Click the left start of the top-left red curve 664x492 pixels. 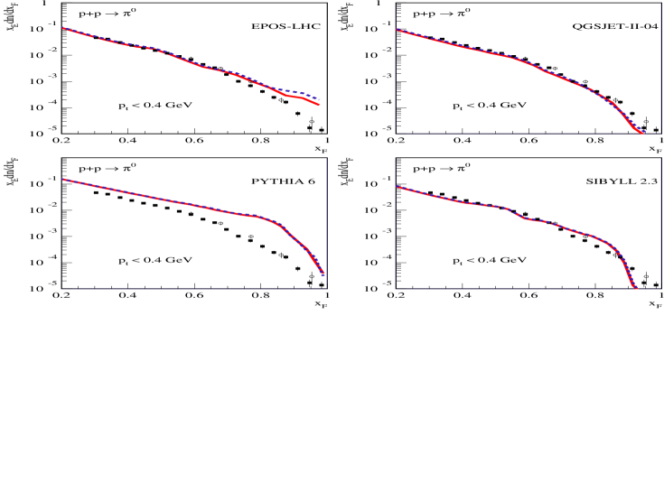tap(62, 27)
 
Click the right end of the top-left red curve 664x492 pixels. tap(319, 106)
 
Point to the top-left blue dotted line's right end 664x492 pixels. tap(320, 99)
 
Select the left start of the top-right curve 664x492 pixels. tap(397, 30)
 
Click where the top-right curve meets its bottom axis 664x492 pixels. tap(641, 133)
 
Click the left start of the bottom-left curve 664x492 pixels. tap(62, 179)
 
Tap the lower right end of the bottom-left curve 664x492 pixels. tap(323, 274)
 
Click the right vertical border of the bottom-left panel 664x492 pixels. tap(327, 226)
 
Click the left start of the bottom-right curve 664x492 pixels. tap(397, 186)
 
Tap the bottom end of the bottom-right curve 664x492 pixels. tap(636, 288)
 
